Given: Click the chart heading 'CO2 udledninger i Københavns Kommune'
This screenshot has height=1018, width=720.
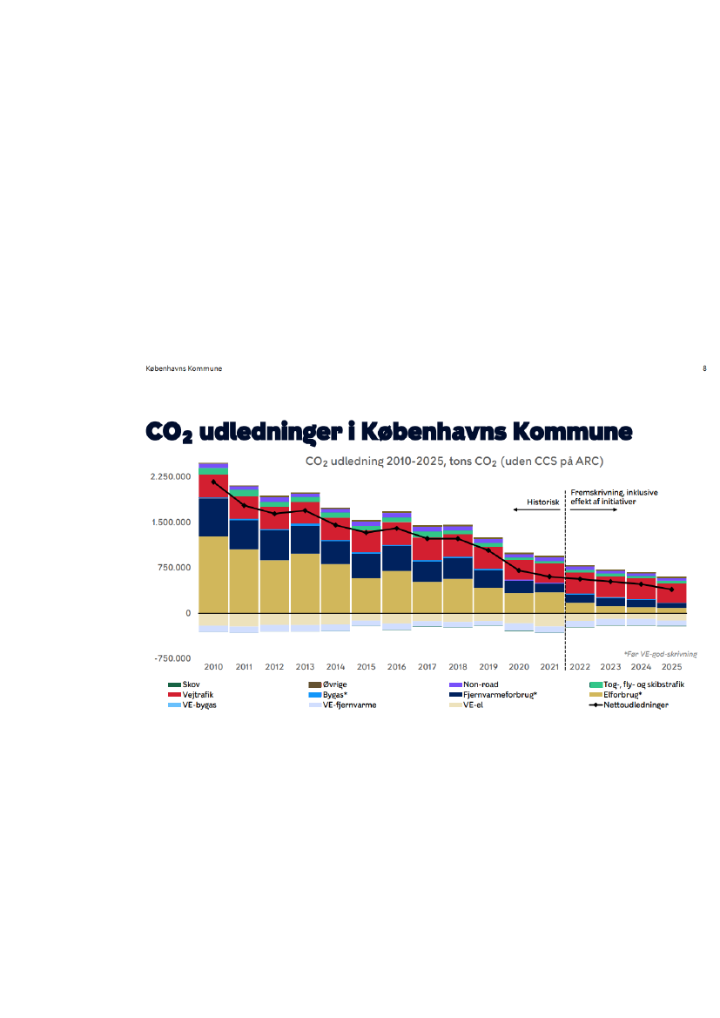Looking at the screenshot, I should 388,432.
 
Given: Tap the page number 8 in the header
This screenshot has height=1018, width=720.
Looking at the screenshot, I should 703,368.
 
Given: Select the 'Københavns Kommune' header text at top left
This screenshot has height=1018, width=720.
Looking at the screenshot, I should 184,368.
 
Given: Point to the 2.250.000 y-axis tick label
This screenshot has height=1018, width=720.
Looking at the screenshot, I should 170,477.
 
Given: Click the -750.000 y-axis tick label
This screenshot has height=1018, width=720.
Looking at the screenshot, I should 172,659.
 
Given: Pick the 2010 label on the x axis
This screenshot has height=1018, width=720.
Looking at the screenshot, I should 213,667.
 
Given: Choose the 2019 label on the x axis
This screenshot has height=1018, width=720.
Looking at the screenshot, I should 488,667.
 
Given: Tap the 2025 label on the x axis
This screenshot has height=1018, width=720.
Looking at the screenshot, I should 671,667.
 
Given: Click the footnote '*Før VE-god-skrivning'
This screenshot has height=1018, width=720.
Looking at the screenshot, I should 660,653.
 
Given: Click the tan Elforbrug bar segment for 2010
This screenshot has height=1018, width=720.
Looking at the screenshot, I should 213,575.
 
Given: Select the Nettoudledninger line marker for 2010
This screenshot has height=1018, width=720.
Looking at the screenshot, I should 213,482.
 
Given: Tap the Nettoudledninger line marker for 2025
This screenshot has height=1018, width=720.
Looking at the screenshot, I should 671,590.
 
